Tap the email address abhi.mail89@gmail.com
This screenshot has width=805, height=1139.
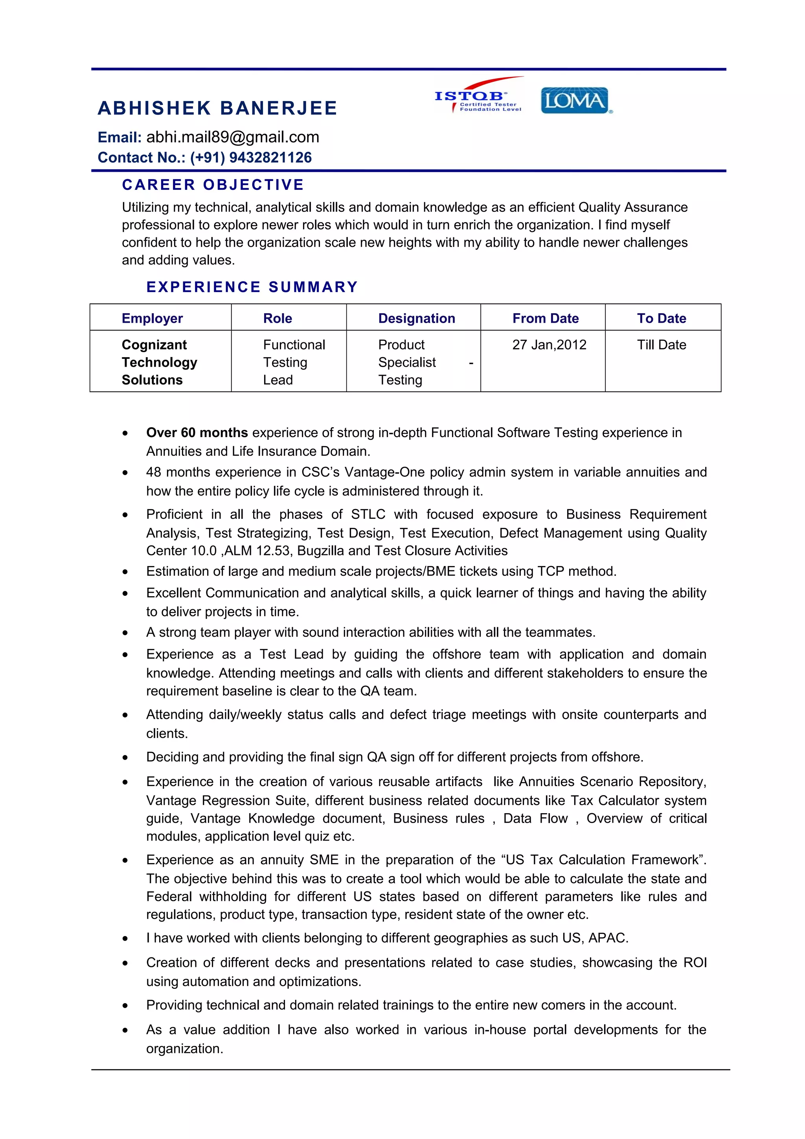coord(233,138)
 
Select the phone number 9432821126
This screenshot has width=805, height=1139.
coord(270,158)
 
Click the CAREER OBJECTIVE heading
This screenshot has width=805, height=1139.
coord(213,185)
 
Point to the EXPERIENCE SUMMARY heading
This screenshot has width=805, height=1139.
coord(252,287)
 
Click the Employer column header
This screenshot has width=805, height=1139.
coord(152,318)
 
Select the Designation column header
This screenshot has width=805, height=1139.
coord(416,318)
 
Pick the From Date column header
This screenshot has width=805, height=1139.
coord(545,318)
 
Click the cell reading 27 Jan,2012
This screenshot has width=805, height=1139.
coord(549,345)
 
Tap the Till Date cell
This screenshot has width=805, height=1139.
coord(661,345)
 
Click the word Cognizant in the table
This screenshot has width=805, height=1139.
coord(154,345)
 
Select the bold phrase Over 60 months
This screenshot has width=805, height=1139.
coord(197,433)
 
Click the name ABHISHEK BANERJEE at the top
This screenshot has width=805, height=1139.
coord(217,108)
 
